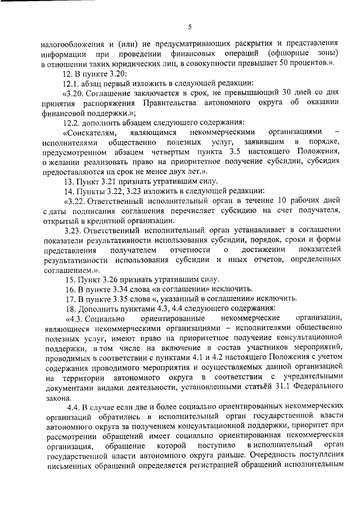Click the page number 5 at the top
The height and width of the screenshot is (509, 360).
click(x=190, y=26)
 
